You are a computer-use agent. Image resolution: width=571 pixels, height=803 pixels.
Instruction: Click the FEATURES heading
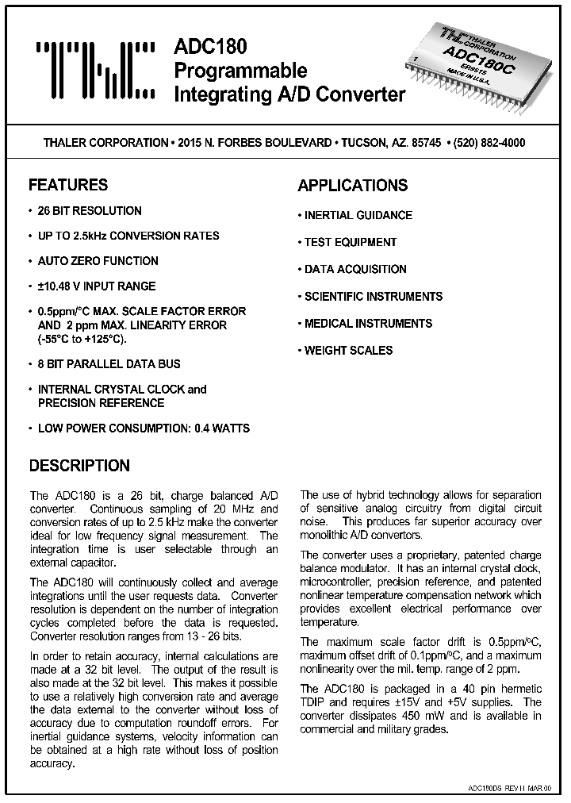click(68, 185)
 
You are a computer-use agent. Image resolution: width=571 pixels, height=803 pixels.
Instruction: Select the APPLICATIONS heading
click(352, 186)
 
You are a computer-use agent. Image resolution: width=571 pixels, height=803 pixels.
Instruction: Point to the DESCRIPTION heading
click(79, 466)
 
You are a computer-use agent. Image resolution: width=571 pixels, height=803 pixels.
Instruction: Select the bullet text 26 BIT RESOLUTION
click(90, 211)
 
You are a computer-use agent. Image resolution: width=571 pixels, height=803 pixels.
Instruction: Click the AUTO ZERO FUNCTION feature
click(98, 261)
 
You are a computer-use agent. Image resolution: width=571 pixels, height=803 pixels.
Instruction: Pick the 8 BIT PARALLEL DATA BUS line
click(109, 364)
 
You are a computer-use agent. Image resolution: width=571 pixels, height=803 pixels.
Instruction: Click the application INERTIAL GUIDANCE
click(358, 215)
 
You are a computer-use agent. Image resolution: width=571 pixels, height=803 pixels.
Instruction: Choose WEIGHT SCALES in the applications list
click(348, 350)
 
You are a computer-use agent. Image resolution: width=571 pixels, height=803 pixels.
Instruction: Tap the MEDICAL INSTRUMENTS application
click(368, 323)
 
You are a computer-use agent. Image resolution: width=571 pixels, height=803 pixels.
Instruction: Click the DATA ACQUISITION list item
click(355, 269)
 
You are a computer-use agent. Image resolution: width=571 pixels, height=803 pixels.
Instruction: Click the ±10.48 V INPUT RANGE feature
click(97, 286)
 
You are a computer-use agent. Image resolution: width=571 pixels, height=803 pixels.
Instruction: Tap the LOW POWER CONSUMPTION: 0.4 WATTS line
click(144, 428)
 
